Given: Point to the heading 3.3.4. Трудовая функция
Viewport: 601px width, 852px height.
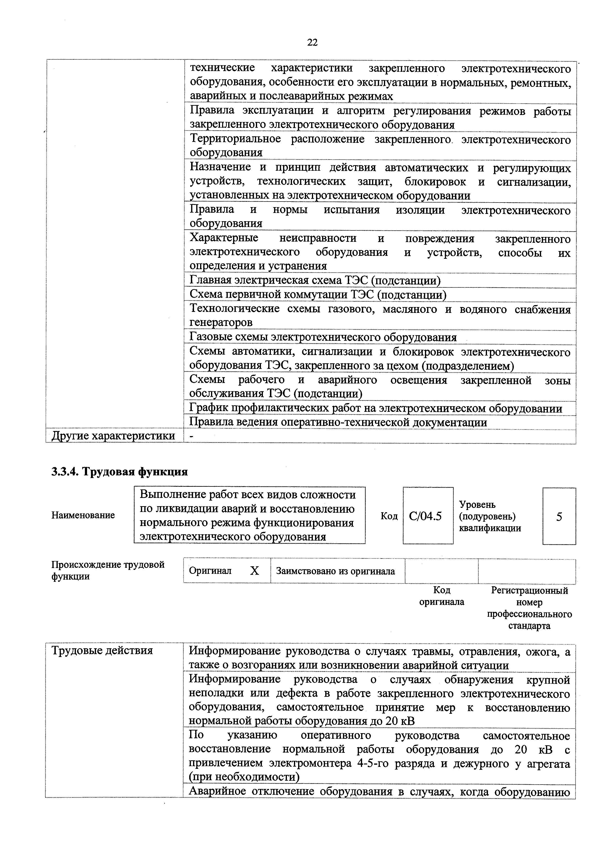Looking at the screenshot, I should pos(120,472).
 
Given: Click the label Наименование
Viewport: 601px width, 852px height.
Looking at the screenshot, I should pos(83,515).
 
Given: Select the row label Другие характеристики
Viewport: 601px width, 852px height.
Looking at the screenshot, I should pos(113,436).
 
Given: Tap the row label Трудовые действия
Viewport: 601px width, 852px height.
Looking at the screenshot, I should pos(102,650).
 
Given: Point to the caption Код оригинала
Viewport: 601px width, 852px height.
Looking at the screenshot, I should pos(441,596).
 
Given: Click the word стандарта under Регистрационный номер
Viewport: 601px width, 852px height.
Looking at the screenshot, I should pos(529,626).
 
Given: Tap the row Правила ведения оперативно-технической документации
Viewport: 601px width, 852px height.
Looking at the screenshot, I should pos(338,422).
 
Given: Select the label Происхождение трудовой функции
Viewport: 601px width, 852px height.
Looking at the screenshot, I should pos(108,570).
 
